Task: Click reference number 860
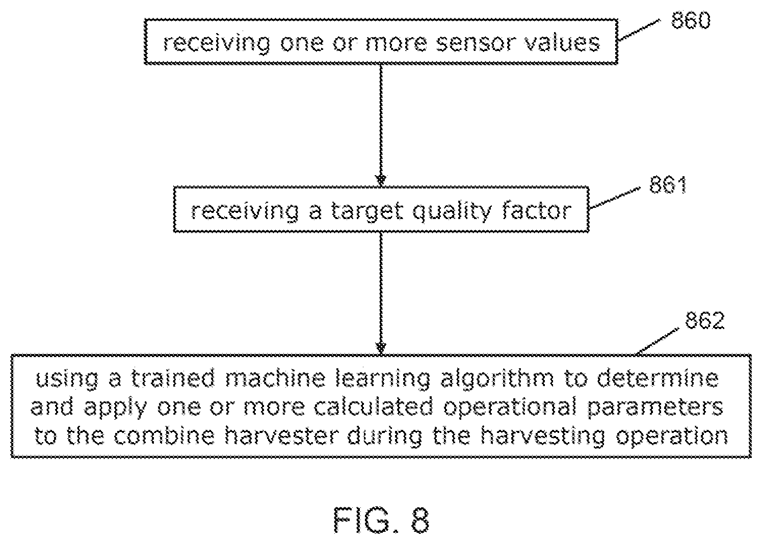click(691, 20)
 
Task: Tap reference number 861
click(668, 185)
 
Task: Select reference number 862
click(705, 320)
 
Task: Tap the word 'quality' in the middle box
click(452, 211)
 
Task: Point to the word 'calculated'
click(373, 406)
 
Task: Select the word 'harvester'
click(282, 435)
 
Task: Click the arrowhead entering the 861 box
click(381, 181)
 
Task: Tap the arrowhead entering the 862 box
click(381, 348)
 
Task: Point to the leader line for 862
click(657, 341)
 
